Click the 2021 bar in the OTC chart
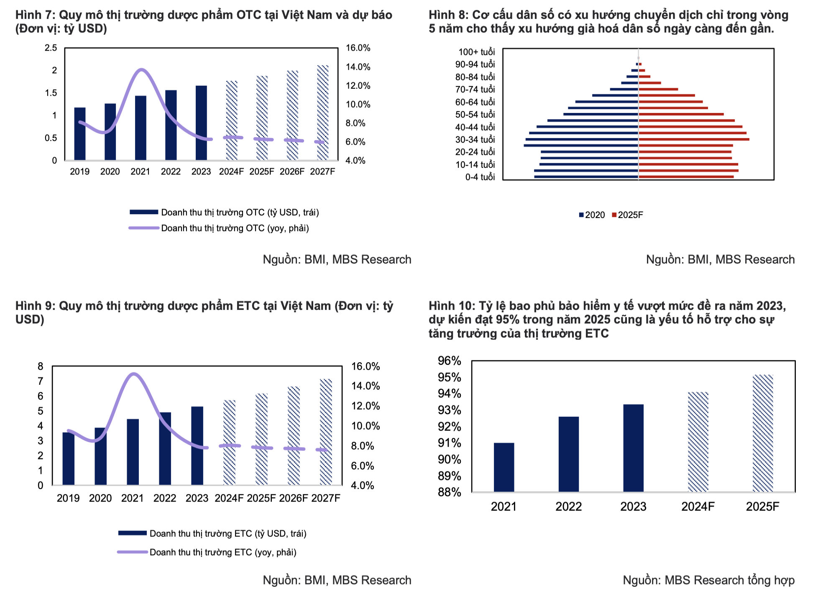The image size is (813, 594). (x=141, y=128)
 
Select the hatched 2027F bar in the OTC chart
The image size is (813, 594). (x=322, y=113)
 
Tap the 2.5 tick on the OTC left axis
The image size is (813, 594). (x=51, y=48)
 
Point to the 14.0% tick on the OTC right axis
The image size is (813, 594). (x=358, y=67)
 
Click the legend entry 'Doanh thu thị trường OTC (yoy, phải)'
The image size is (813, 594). (x=235, y=228)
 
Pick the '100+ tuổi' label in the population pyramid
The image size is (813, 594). (x=476, y=52)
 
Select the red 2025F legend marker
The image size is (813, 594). (x=614, y=215)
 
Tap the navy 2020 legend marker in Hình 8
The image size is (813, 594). (x=581, y=215)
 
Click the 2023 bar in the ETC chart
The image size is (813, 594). (x=197, y=446)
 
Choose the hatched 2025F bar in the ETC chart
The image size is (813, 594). (x=261, y=439)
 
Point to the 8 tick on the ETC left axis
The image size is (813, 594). (x=41, y=366)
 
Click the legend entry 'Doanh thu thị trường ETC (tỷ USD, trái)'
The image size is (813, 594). (x=228, y=534)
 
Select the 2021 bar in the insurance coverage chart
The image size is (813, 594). (x=504, y=467)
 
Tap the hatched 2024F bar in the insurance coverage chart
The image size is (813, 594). (x=698, y=442)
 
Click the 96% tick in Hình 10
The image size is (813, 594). (x=450, y=361)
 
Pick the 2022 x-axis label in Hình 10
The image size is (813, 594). (x=568, y=507)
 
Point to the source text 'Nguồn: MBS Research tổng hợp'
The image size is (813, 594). (x=708, y=580)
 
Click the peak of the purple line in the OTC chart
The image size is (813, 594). (x=142, y=69)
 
